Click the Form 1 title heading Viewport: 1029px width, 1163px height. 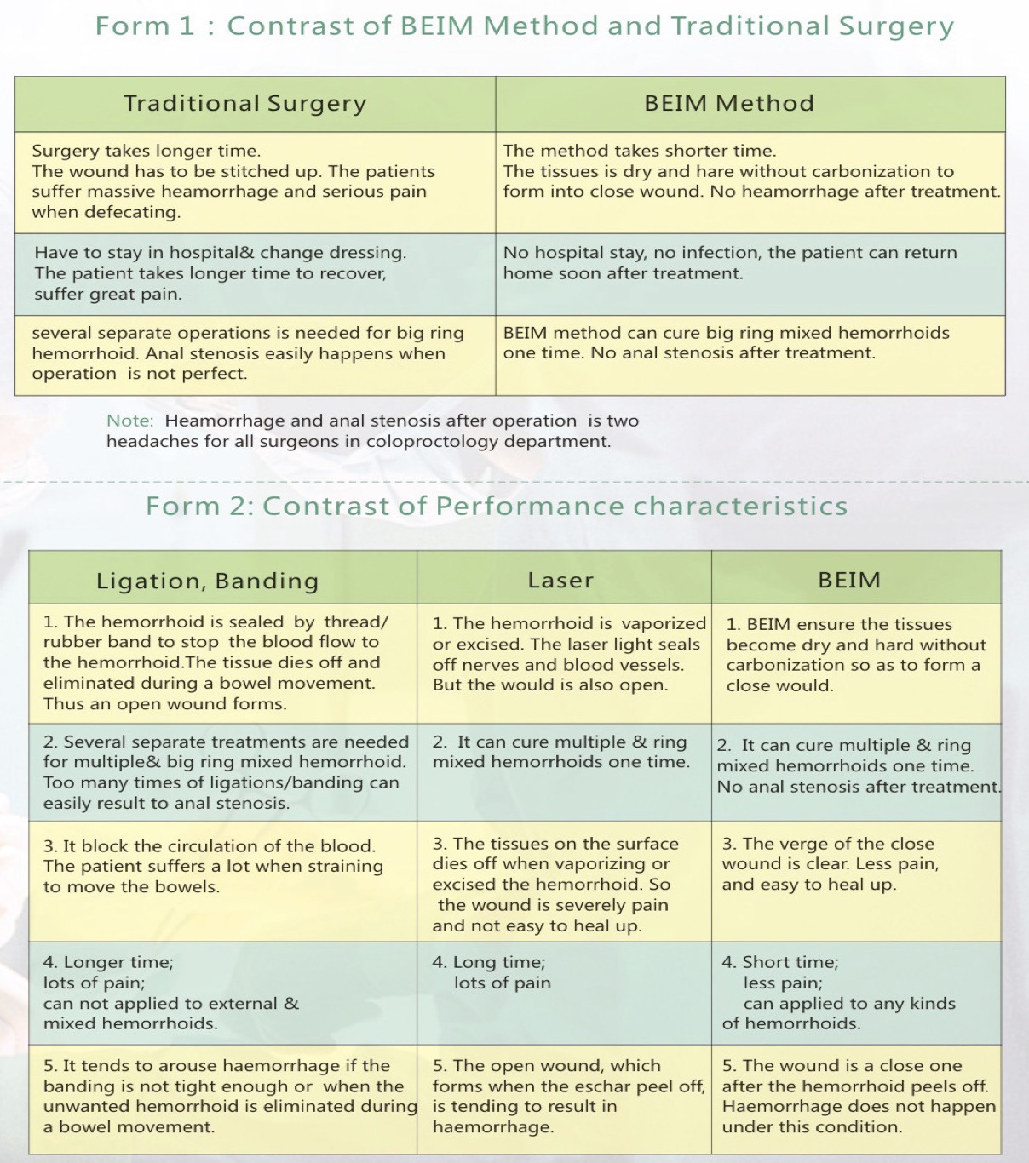524,26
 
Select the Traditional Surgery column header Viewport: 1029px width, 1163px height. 245,104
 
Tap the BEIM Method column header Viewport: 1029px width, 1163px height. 729,104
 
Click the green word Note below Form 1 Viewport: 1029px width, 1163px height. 129,421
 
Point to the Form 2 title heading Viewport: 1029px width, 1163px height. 497,507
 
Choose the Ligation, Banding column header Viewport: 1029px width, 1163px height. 208,581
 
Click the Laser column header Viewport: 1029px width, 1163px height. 560,581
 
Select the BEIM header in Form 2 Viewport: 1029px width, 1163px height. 849,581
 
